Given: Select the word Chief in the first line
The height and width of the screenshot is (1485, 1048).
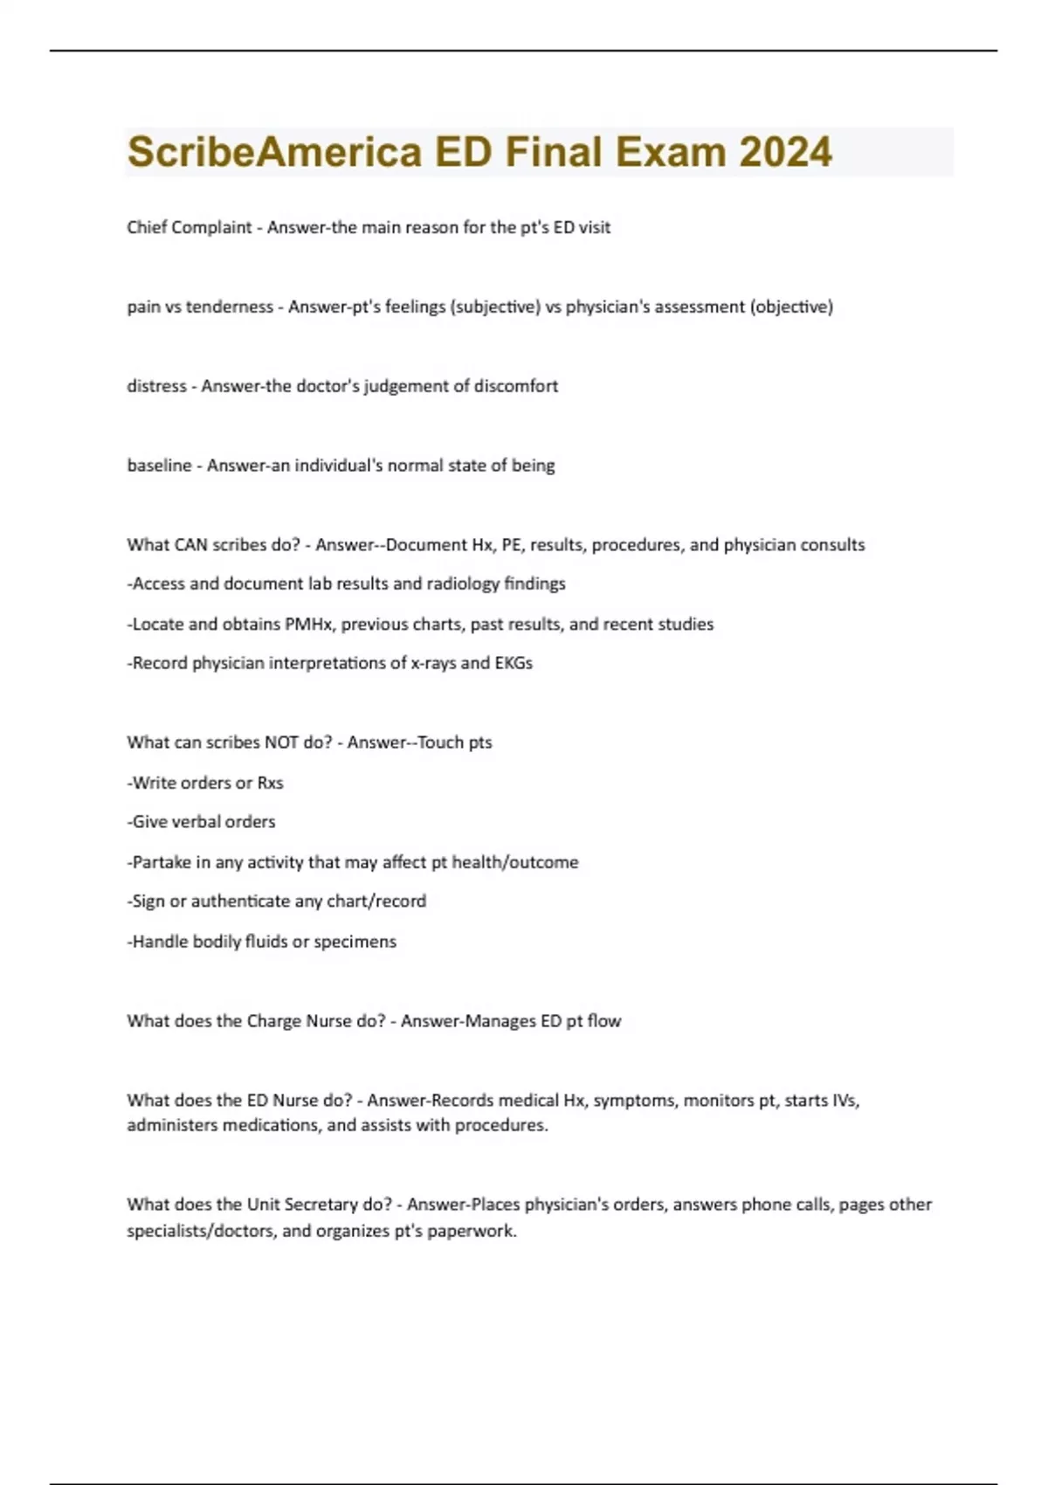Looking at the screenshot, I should (146, 227).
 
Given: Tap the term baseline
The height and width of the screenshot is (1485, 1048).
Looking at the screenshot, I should (159, 466).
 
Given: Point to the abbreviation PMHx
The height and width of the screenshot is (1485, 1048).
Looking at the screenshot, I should (308, 625).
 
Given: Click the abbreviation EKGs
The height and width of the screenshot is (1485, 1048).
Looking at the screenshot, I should (513, 663).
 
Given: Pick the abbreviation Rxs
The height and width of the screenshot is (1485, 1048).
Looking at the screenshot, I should (270, 783).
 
